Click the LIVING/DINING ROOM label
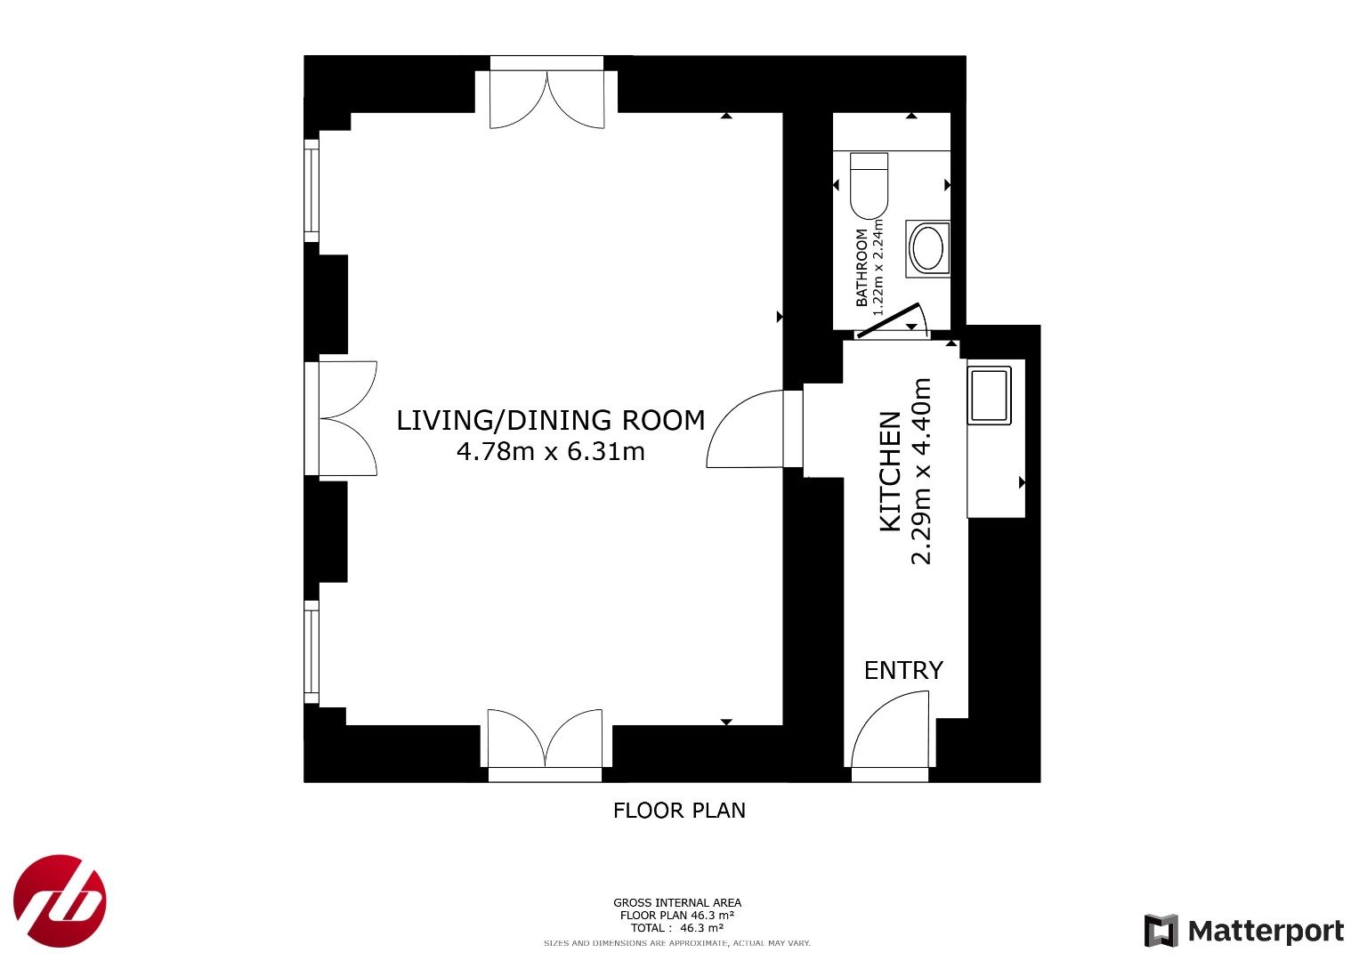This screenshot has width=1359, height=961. coord(550,420)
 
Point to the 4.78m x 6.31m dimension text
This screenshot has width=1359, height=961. coord(550,451)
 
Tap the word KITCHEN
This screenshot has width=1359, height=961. coord(891,472)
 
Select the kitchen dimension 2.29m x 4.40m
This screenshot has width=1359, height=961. coord(921,472)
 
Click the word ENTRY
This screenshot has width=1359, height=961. coord(903,670)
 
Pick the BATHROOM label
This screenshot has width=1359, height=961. coord(862,268)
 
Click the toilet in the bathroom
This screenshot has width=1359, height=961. coord(869,186)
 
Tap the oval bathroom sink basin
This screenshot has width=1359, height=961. coord(927,249)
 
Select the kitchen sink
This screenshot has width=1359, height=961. coord(989,395)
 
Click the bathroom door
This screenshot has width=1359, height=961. coord(892,320)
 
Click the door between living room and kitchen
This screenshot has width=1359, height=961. coord(746,429)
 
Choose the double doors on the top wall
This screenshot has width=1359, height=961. coord(547,100)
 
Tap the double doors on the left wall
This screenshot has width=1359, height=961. coord(348,418)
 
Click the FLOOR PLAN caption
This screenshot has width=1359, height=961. coord(679,811)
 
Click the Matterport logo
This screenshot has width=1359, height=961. coord(1243,930)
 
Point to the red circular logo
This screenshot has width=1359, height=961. coord(60,900)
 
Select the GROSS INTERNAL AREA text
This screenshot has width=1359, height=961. coord(677,903)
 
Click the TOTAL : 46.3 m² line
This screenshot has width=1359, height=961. coord(676,927)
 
